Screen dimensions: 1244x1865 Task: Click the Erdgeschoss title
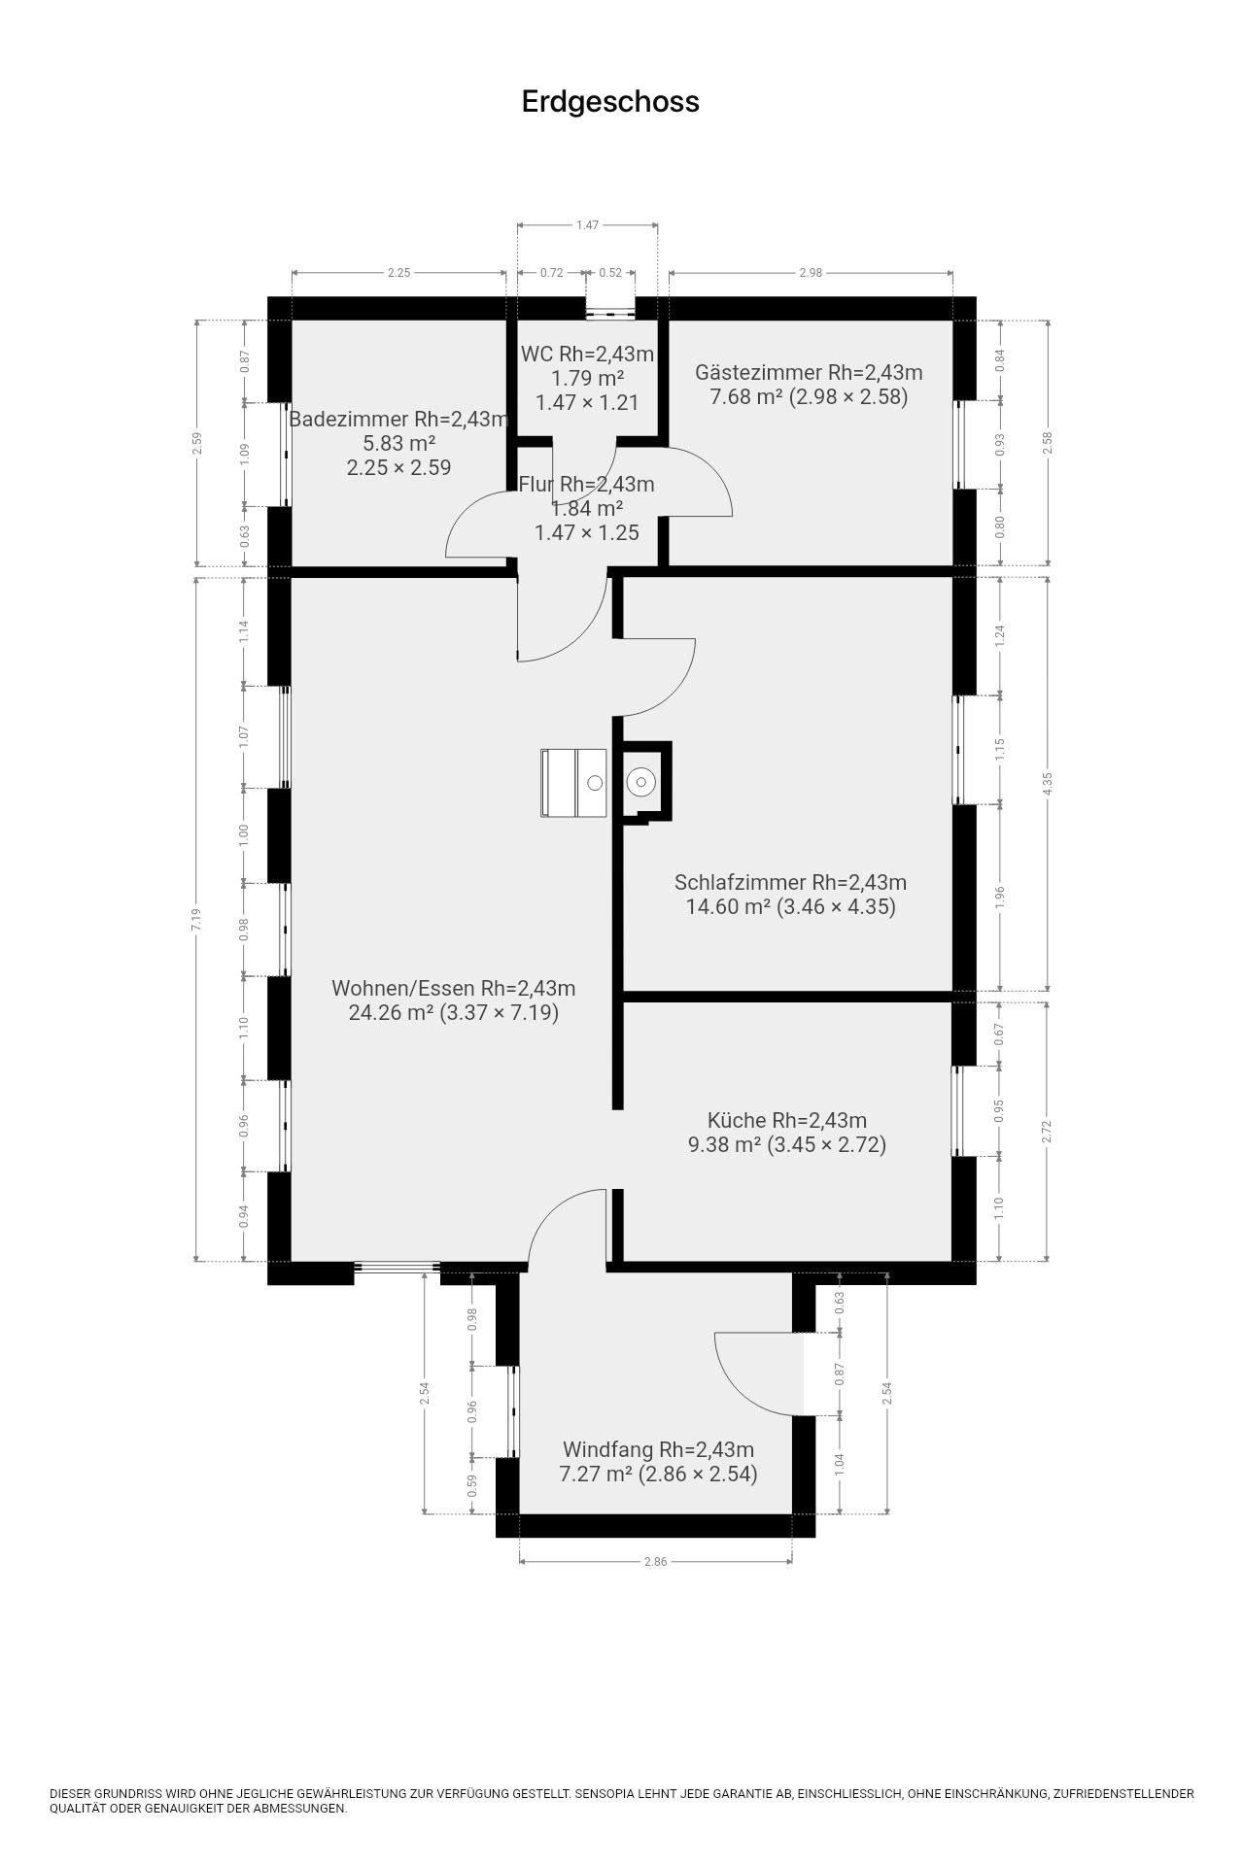(x=610, y=102)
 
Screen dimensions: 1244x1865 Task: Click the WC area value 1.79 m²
(x=587, y=378)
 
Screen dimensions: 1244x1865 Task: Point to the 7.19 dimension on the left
(x=196, y=919)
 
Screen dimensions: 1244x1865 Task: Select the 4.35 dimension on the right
(x=1048, y=783)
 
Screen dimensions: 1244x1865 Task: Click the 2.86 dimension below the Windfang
(x=655, y=1562)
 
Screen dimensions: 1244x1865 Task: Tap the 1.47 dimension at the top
(x=587, y=225)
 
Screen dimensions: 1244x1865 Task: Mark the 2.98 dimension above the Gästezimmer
(x=811, y=273)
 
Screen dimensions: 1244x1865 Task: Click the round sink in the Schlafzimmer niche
(x=640, y=781)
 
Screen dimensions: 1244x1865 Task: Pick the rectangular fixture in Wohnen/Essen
(x=573, y=783)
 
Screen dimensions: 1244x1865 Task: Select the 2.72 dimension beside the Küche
(x=1048, y=1132)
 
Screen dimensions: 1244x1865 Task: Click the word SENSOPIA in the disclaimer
(x=607, y=1794)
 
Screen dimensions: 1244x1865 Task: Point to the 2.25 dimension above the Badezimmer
(x=399, y=273)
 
